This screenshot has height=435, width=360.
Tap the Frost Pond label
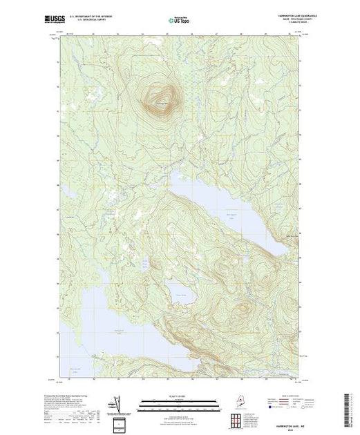[182, 295]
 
